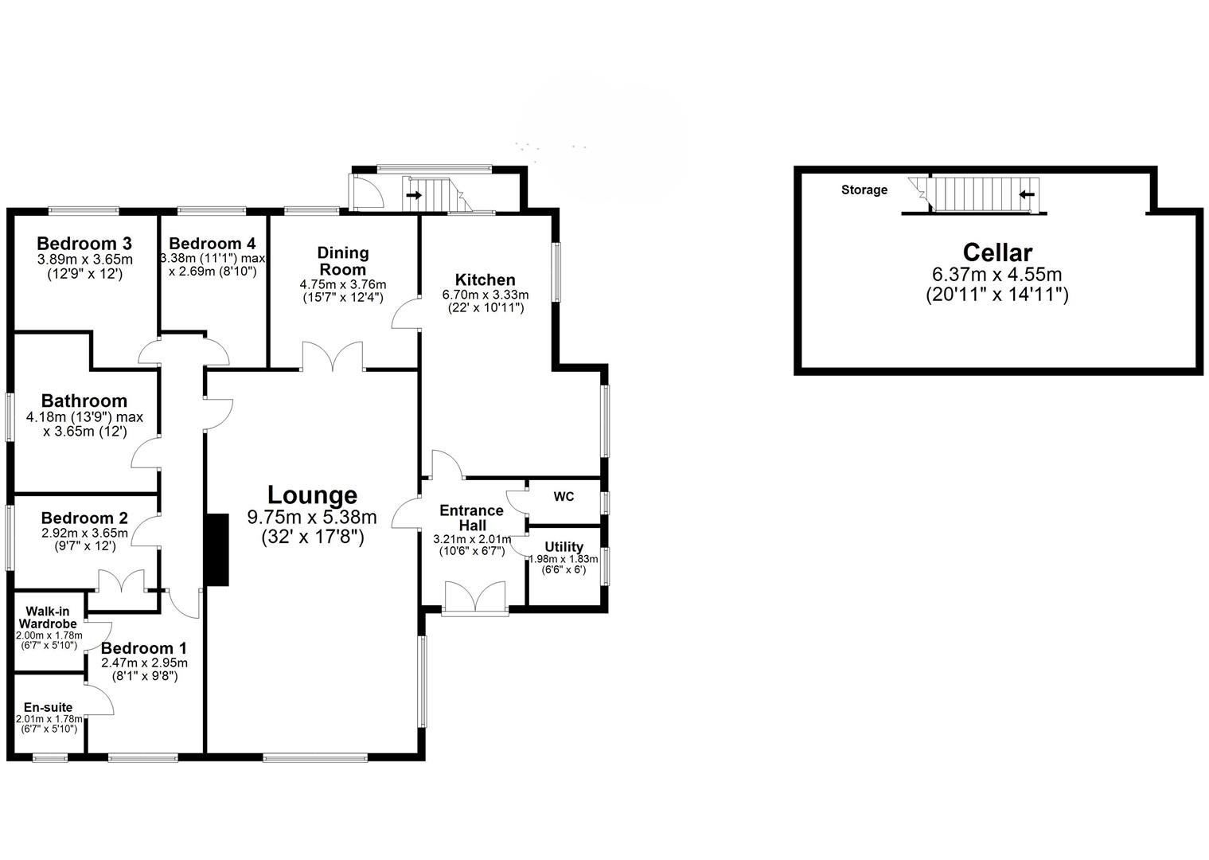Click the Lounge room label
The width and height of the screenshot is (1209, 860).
coord(312,495)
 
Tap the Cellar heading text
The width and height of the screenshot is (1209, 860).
coord(997,252)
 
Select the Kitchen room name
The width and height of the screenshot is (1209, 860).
coord(485,279)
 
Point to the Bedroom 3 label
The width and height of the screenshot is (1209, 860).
coord(84,243)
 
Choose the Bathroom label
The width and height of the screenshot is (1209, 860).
coord(84,401)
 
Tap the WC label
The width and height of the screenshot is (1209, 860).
coord(564,497)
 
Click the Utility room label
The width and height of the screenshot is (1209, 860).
coord(564,547)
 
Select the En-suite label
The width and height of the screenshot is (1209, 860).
coord(48,707)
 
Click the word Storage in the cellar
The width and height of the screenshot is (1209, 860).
coord(864,190)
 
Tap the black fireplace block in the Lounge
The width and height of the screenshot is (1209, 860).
coord(216,549)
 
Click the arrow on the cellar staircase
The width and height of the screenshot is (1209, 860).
coord(1027,193)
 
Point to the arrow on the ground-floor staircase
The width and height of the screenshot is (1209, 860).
coord(414,194)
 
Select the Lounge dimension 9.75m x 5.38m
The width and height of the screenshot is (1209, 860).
coord(312,518)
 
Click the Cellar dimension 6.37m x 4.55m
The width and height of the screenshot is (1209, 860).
coord(997,275)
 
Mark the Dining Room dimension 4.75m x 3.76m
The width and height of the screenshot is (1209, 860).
coord(343,284)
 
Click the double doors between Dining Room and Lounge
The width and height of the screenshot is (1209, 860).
coord(333,357)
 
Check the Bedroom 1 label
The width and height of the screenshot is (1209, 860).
coord(143,648)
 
